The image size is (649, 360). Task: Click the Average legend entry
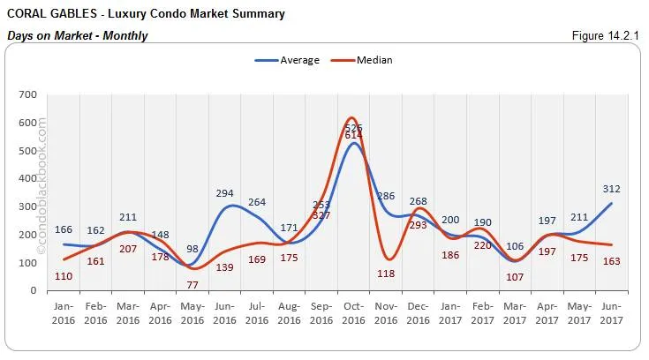[x=294, y=60]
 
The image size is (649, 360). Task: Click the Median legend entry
[x=374, y=60]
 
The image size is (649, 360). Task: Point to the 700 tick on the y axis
[x=26, y=94]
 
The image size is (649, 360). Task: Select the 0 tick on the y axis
[x=33, y=290]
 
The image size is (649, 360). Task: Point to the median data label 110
[x=64, y=276]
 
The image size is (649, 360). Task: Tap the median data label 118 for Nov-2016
[x=387, y=274]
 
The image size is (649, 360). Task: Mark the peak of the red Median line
[x=352, y=117]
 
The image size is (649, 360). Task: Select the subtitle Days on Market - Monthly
[x=77, y=35]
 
